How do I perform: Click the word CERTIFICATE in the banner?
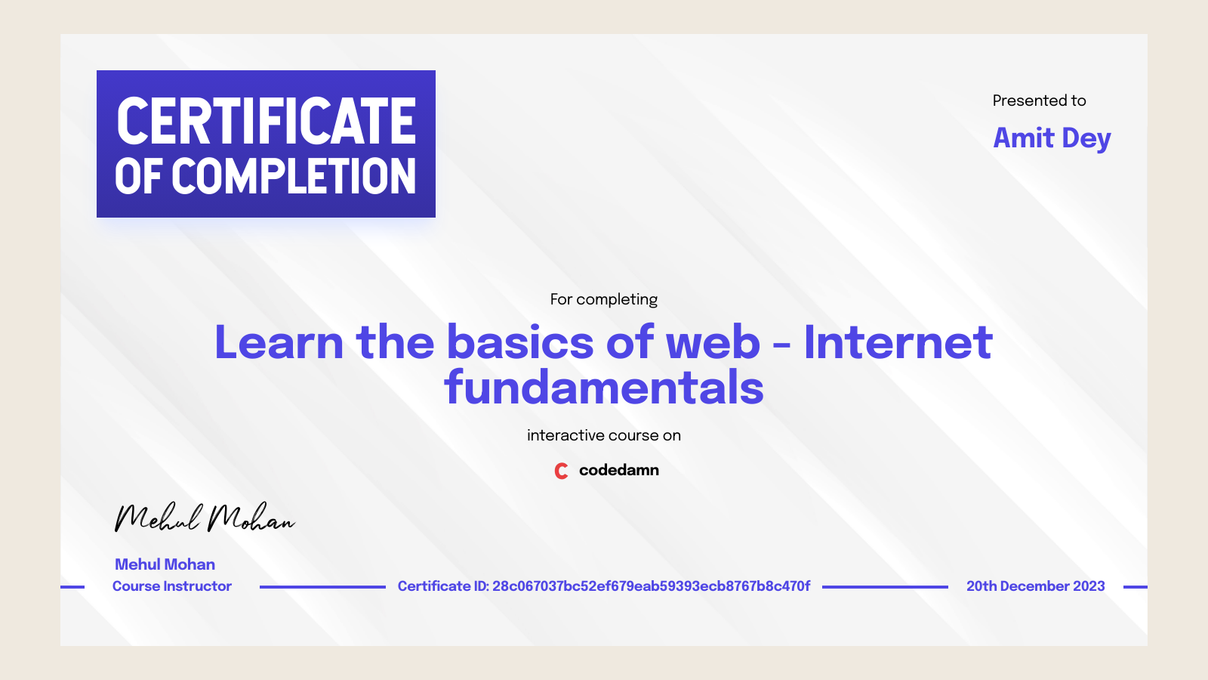point(266,121)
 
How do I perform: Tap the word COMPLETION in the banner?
point(294,177)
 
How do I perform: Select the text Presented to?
point(1039,100)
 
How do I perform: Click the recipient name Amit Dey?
point(1052,138)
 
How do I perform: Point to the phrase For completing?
point(603,299)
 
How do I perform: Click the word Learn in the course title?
point(279,342)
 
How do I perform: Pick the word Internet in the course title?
point(898,342)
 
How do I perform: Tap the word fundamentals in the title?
point(603,388)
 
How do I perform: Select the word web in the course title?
point(712,342)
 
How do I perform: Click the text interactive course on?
point(603,435)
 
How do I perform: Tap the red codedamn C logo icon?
point(561,471)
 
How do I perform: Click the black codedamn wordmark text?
point(618,470)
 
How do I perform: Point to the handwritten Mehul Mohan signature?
point(204,518)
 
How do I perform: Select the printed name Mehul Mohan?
point(165,564)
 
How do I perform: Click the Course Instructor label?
point(171,586)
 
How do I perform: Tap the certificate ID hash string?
point(651,586)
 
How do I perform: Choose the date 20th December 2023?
point(1035,586)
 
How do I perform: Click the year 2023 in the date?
point(1089,586)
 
